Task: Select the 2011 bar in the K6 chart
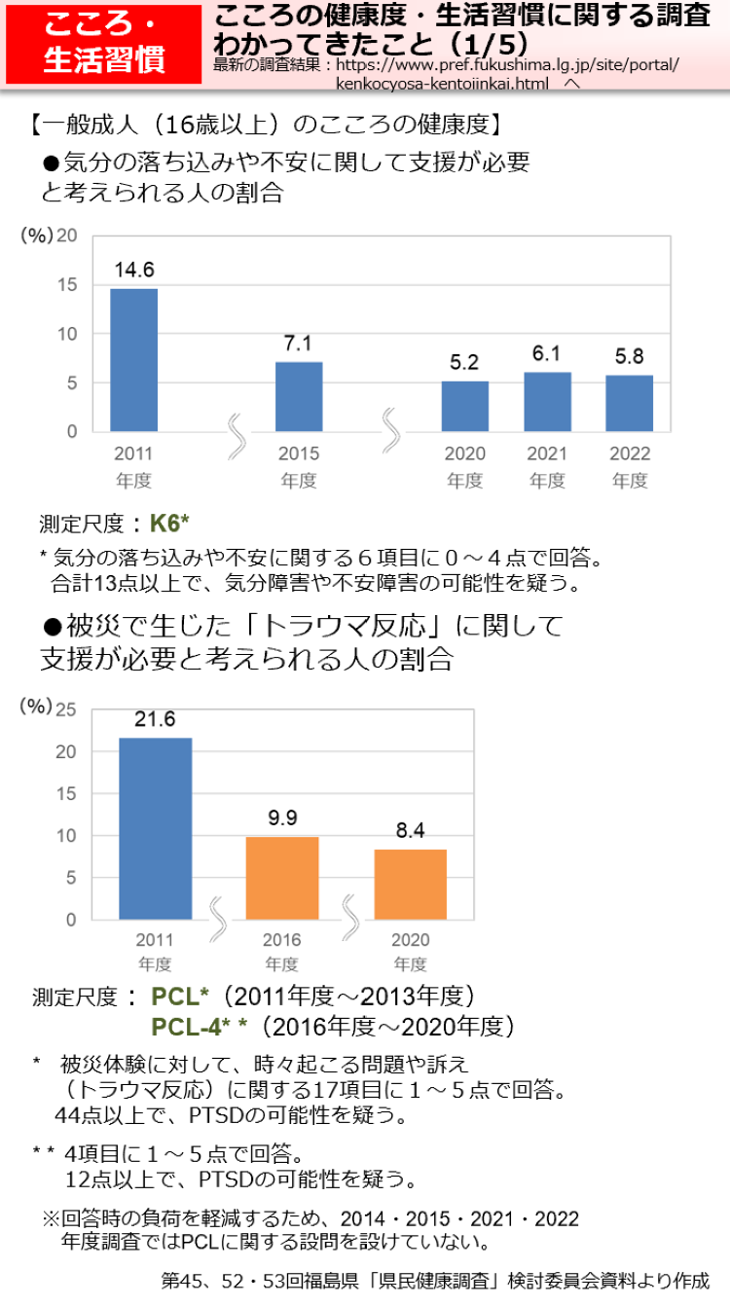click(x=133, y=360)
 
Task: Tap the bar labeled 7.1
click(x=299, y=396)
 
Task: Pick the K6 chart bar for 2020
click(x=464, y=406)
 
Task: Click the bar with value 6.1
click(x=547, y=401)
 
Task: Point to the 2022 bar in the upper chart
click(x=629, y=403)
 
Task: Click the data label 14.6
click(x=133, y=270)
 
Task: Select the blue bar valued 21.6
click(x=155, y=828)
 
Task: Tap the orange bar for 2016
click(x=281, y=878)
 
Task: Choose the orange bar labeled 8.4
click(x=410, y=884)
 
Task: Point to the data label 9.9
click(x=281, y=817)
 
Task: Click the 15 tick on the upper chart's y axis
click(x=67, y=285)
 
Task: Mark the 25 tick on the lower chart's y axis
click(x=65, y=709)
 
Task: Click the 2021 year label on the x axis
click(x=547, y=453)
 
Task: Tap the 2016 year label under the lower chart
click(x=281, y=940)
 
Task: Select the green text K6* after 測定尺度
click(x=169, y=524)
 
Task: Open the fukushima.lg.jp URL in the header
click(x=506, y=66)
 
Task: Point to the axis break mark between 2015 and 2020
click(x=390, y=429)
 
